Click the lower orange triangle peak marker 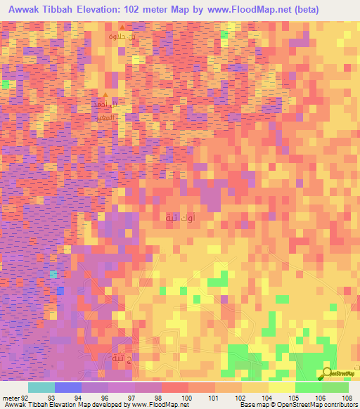coord(105,96)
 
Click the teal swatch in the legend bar coord(41,387)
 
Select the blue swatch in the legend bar coord(67,387)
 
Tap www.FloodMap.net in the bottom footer coord(158,405)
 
